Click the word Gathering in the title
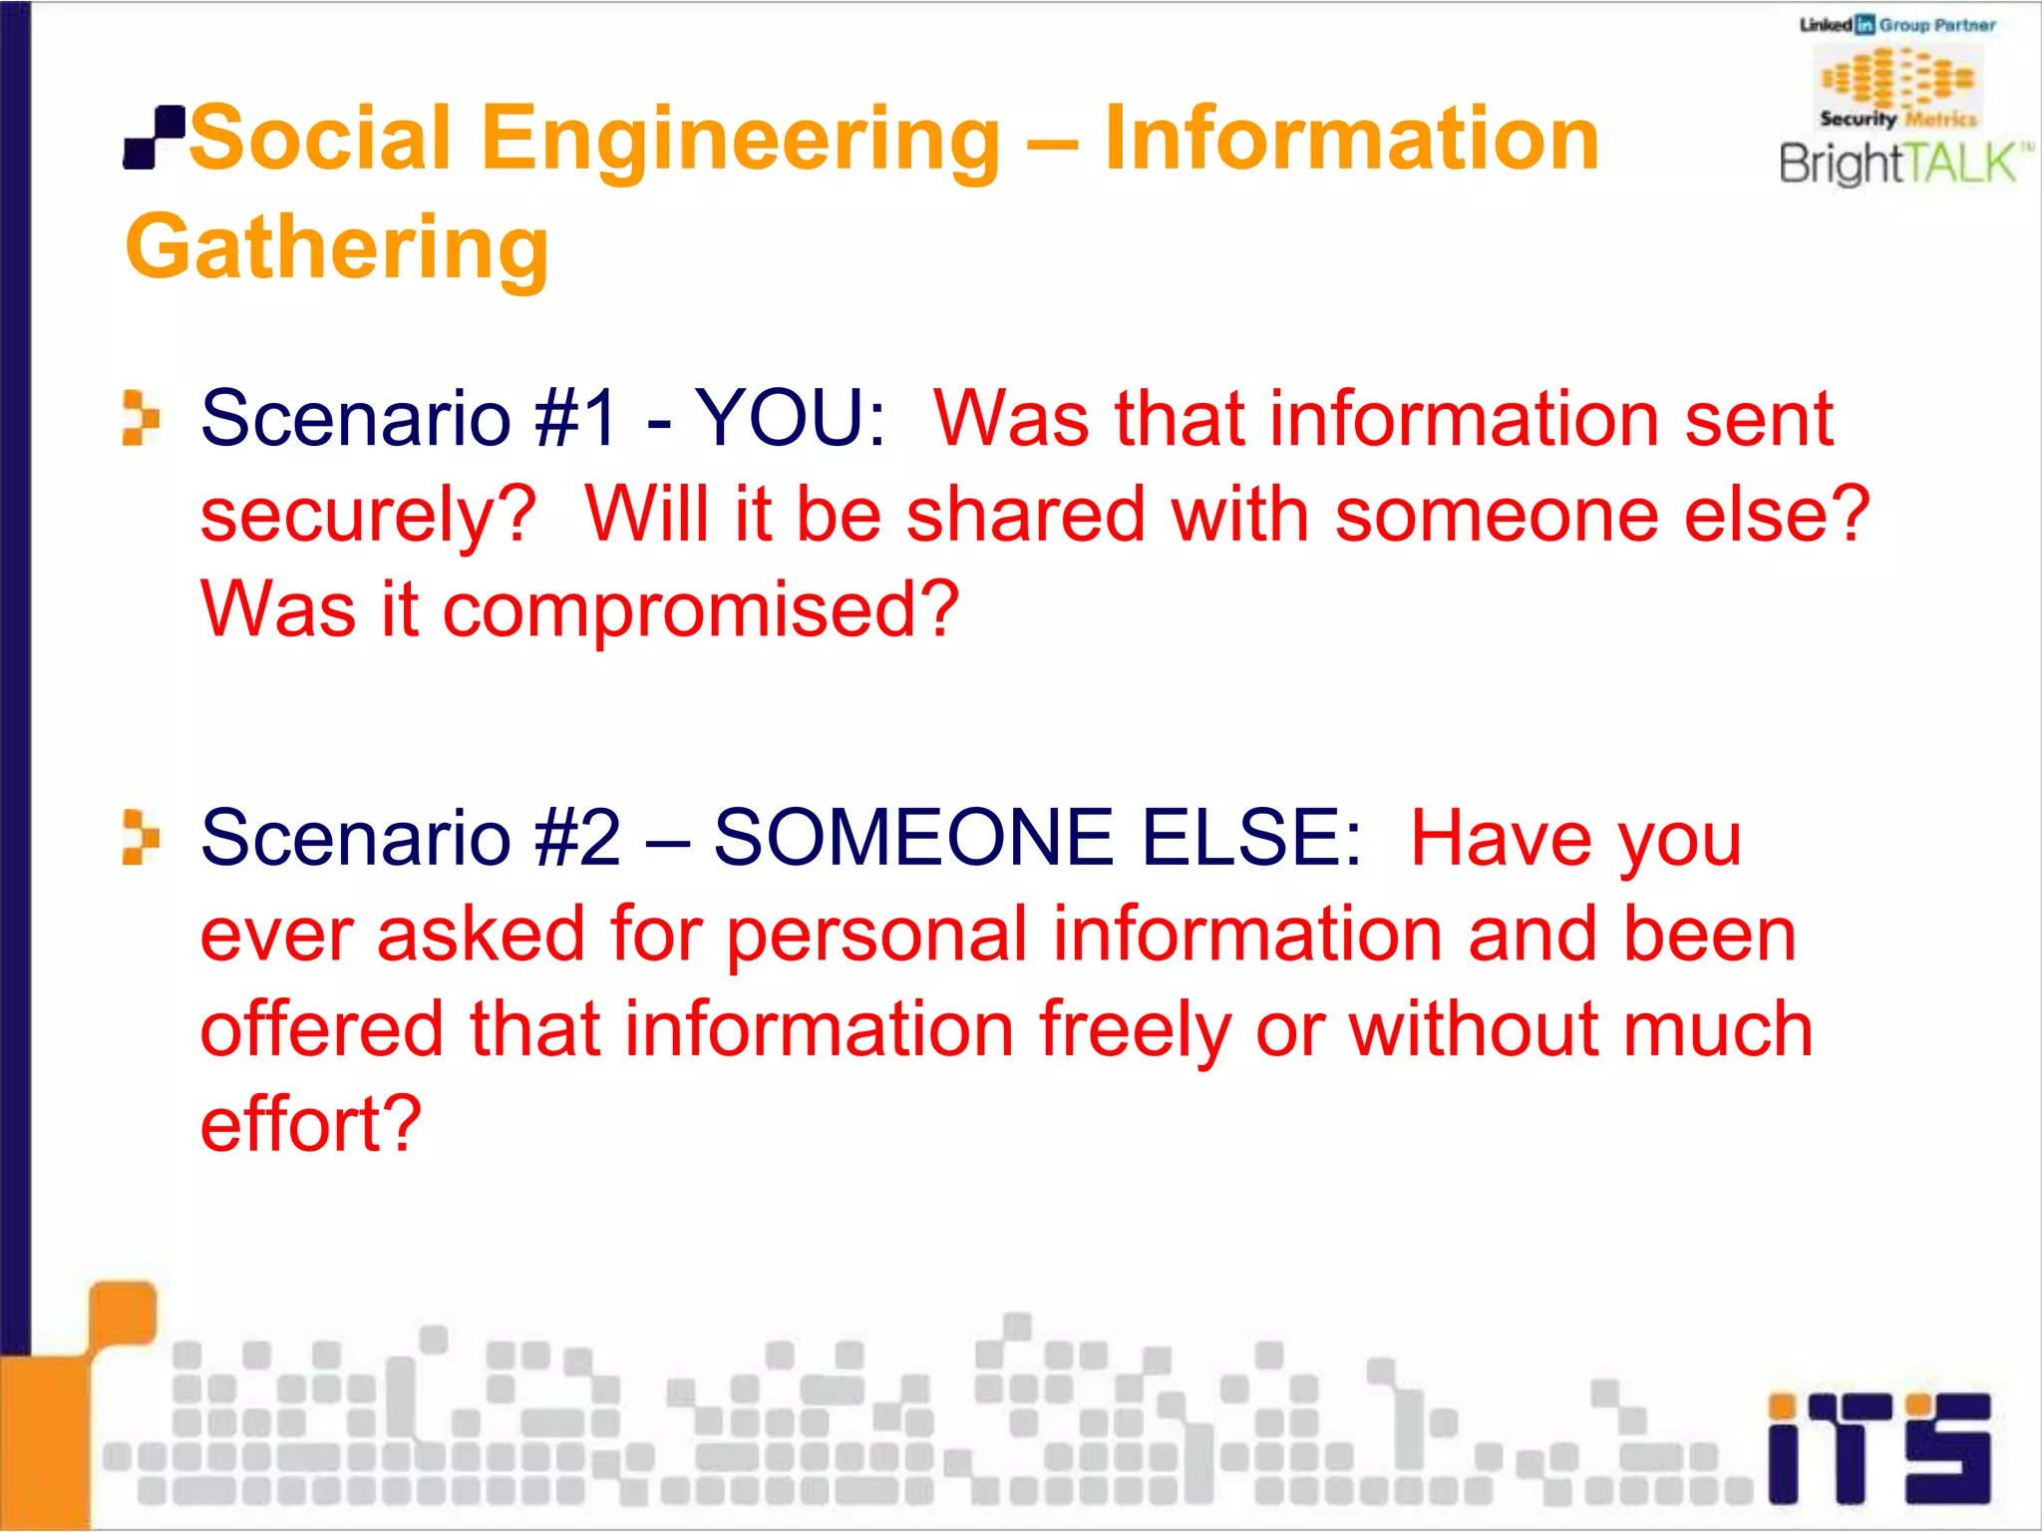click(x=337, y=246)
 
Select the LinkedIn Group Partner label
click(x=1896, y=25)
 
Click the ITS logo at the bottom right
click(x=1878, y=1448)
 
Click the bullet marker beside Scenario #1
click(x=141, y=417)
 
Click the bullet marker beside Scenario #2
click(x=141, y=837)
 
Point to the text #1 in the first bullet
click(x=577, y=417)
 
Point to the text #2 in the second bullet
click(x=577, y=837)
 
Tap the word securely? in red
click(x=368, y=515)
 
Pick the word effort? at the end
click(x=311, y=1124)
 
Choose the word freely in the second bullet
click(x=1135, y=1030)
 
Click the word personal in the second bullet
click(x=875, y=935)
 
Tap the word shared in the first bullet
click(x=1025, y=515)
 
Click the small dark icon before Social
click(x=155, y=138)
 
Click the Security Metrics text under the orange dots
click(x=1897, y=119)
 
